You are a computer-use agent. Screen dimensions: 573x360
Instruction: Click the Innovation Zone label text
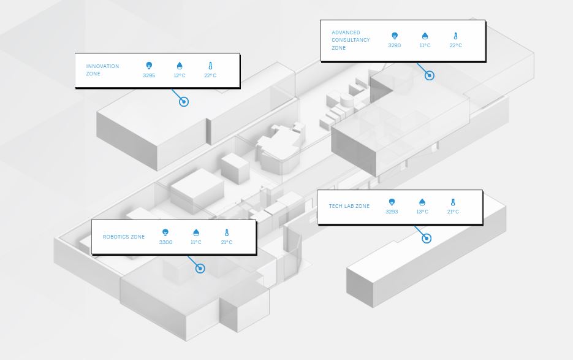(x=103, y=70)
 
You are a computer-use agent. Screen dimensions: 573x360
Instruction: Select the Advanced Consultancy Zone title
(x=351, y=40)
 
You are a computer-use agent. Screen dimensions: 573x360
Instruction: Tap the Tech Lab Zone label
(x=349, y=206)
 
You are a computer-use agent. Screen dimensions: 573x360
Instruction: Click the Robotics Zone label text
(x=124, y=237)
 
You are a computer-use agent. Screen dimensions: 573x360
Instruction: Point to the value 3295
(x=149, y=75)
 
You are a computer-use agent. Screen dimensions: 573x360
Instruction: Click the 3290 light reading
(x=394, y=45)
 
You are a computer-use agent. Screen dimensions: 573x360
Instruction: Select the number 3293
(x=392, y=212)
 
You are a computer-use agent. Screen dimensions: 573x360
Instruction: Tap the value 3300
(x=165, y=242)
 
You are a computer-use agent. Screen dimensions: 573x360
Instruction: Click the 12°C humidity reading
(x=180, y=75)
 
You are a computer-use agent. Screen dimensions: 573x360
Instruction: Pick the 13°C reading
(x=422, y=212)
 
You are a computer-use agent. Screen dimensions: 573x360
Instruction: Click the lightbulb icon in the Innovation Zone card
(x=149, y=66)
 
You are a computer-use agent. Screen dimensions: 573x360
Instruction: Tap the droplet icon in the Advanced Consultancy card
(x=425, y=36)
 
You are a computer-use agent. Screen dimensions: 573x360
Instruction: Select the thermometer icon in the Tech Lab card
(x=453, y=202)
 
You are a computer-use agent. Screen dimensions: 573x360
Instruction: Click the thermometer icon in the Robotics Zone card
(x=227, y=232)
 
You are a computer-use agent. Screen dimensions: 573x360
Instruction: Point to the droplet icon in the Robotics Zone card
(x=196, y=232)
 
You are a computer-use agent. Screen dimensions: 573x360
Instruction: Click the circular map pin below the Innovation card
(x=184, y=102)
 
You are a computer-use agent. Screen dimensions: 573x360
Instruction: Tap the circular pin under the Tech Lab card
(x=427, y=239)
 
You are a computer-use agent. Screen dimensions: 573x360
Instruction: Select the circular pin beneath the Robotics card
(x=200, y=269)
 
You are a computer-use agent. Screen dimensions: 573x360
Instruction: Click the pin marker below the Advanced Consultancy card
(x=430, y=75)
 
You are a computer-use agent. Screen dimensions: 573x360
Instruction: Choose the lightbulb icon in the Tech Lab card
(x=392, y=202)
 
